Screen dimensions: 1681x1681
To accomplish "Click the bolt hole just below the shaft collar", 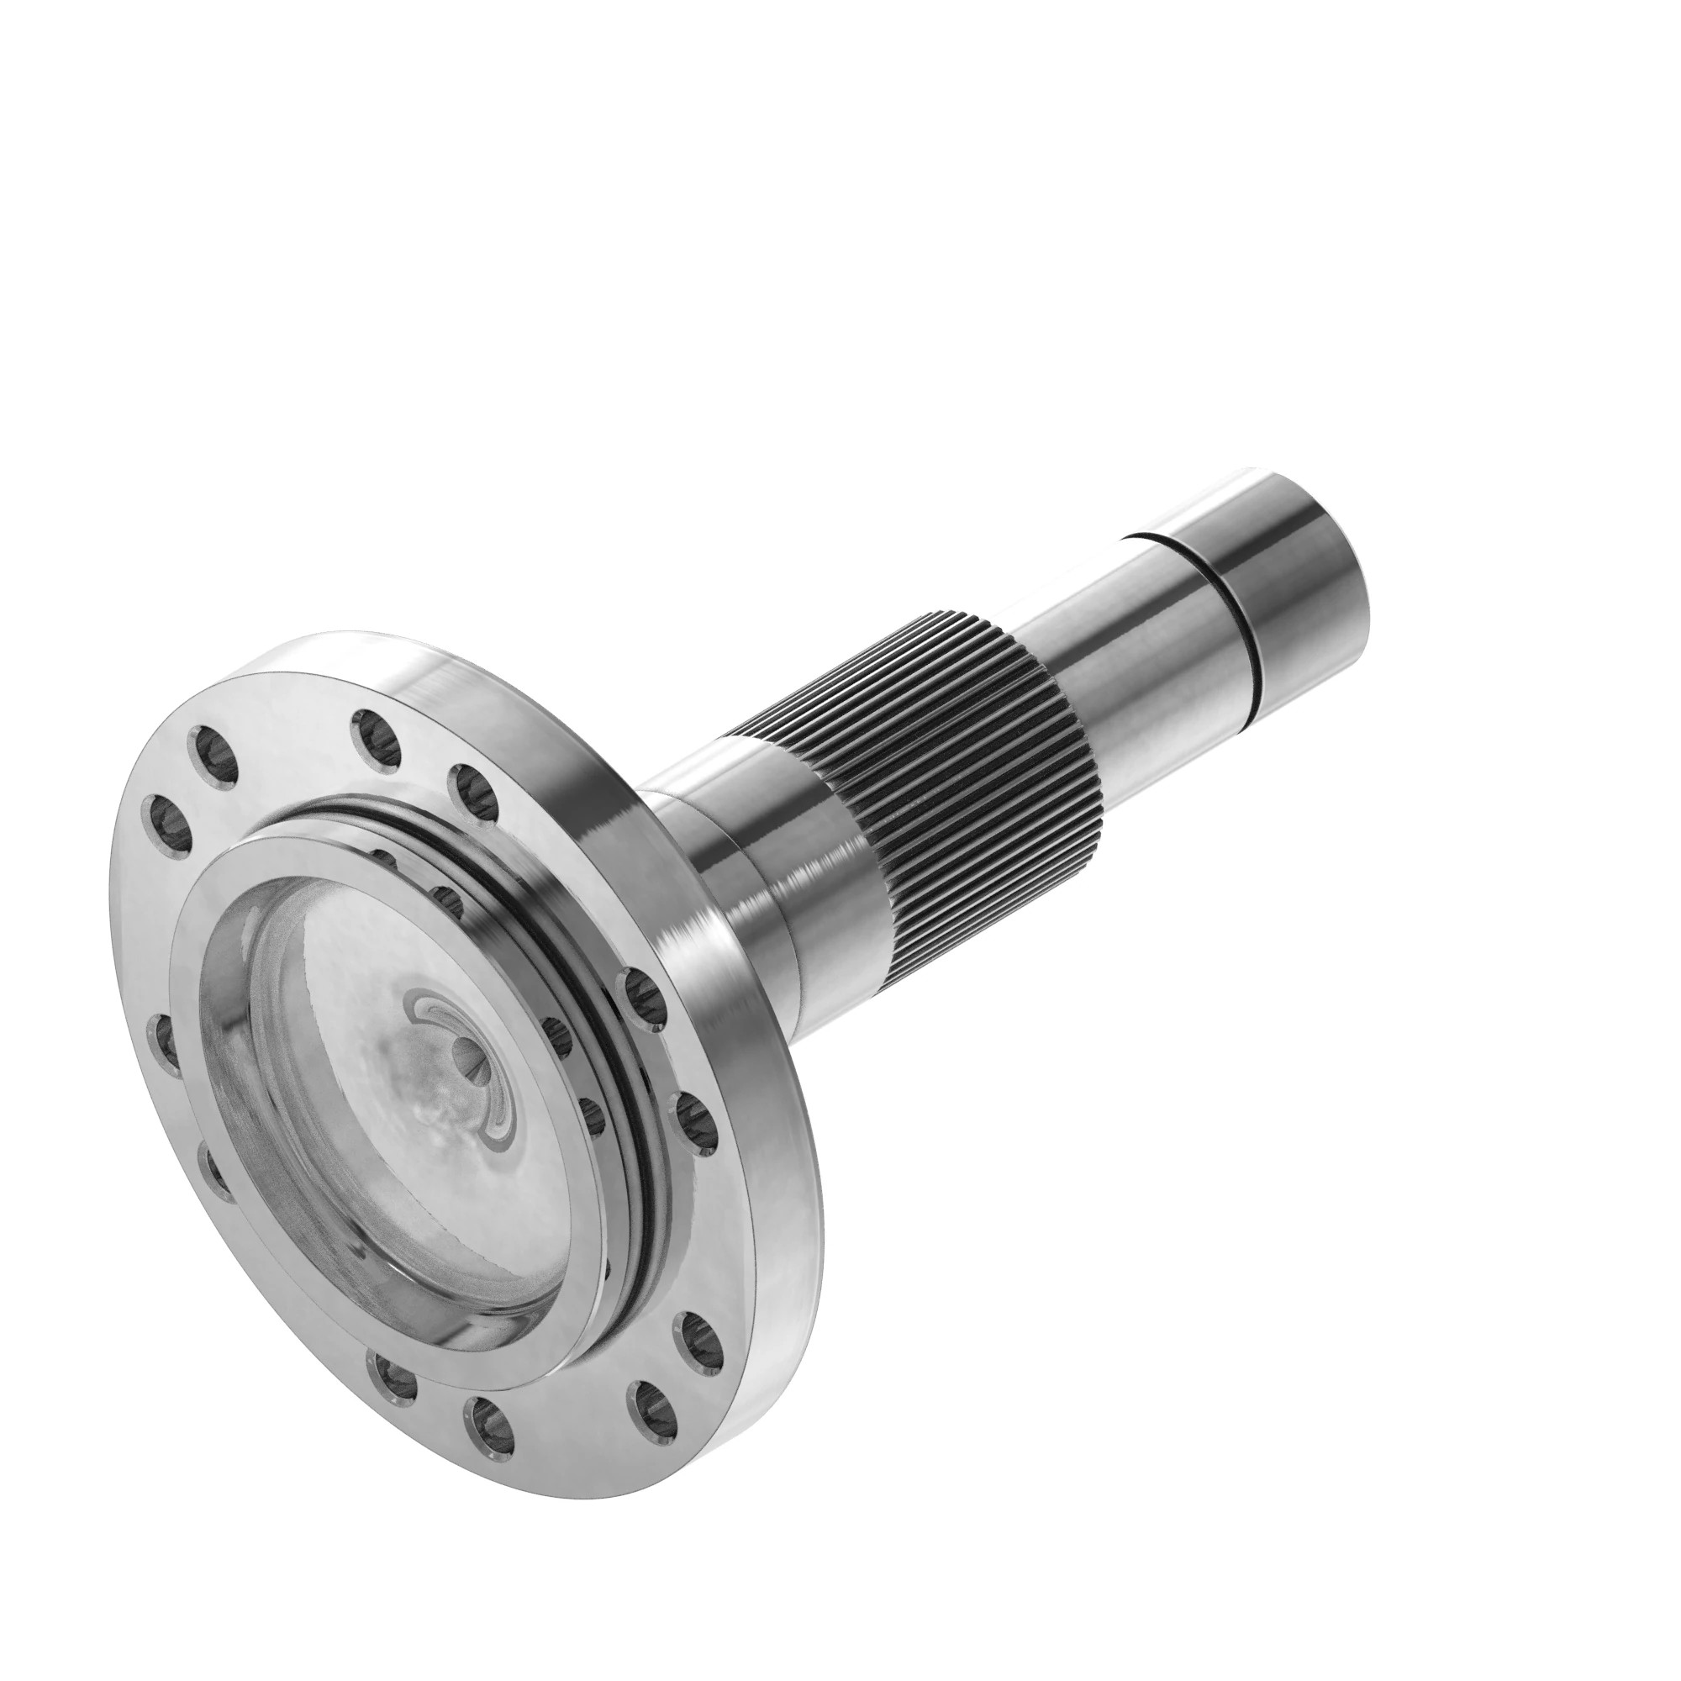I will click(x=643, y=999).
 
